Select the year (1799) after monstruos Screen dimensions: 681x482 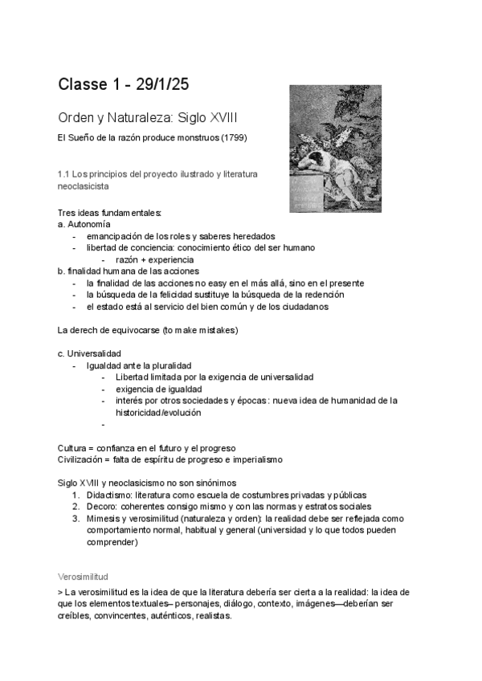click(232, 137)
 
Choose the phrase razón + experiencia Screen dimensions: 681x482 click(153, 259)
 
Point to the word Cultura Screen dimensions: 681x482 click(73, 447)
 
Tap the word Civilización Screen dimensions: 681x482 click(82, 459)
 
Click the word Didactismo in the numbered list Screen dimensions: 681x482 click(108, 495)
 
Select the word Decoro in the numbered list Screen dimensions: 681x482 click(100, 507)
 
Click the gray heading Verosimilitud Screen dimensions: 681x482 click(84, 577)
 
